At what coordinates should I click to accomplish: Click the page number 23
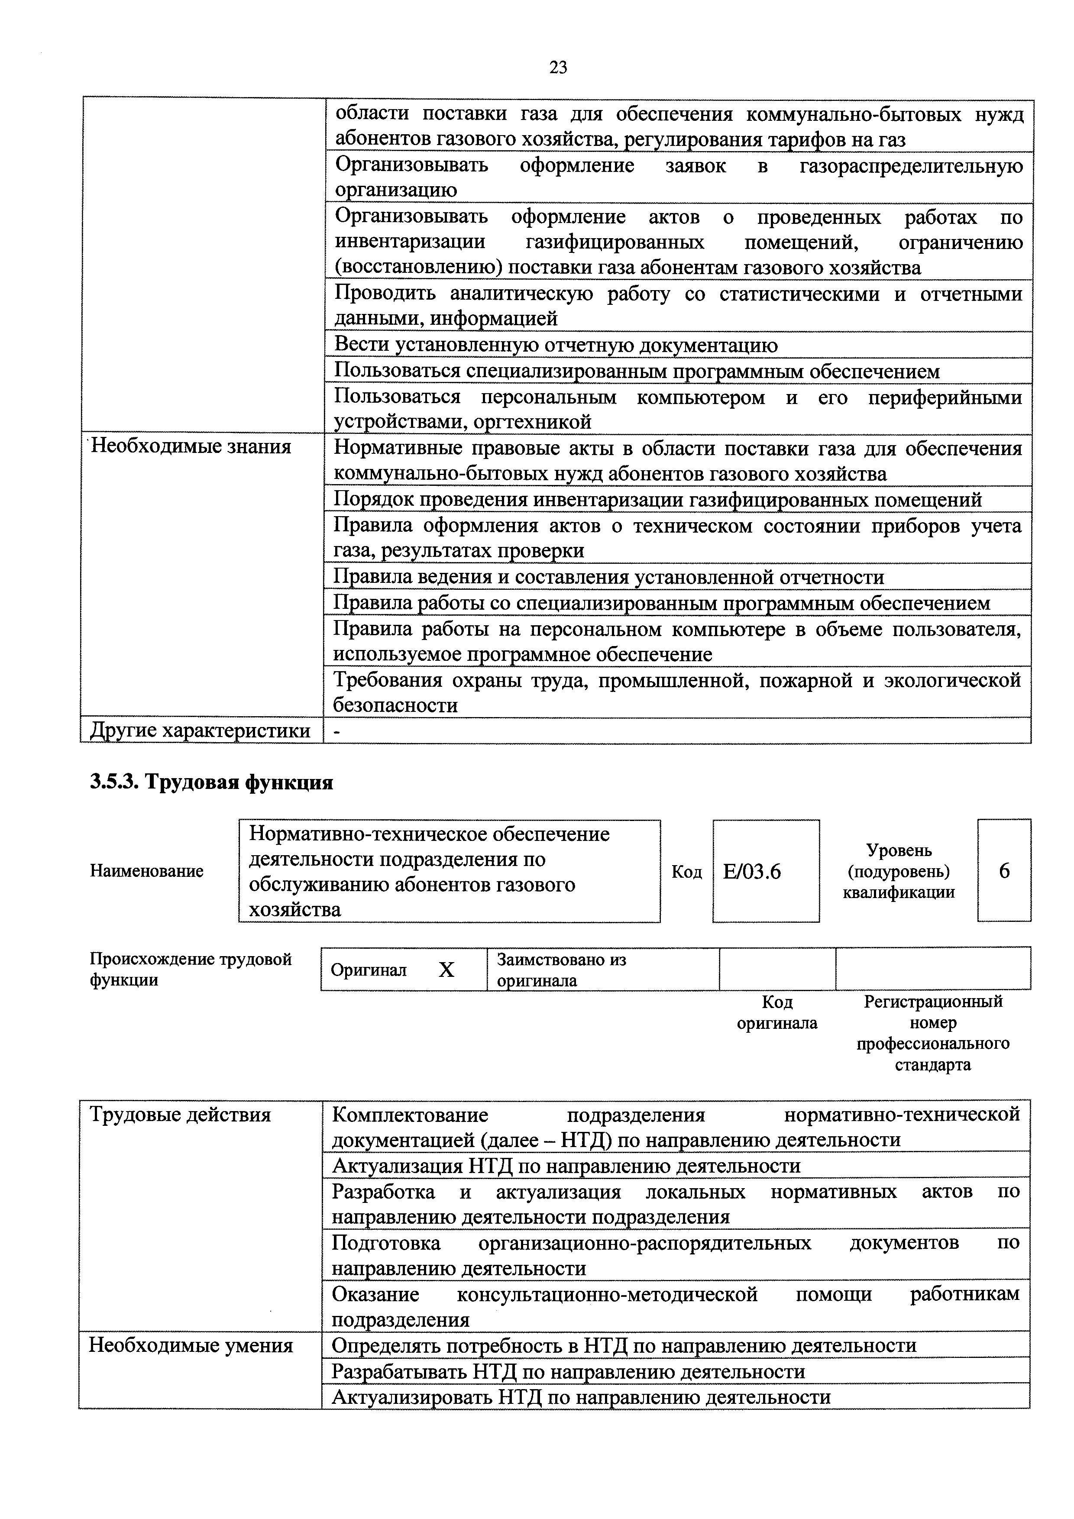pos(558,68)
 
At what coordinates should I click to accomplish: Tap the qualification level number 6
pos(1004,871)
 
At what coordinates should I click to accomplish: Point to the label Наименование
pos(147,871)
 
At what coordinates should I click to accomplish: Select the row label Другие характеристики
pos(200,730)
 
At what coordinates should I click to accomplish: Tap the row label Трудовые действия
pos(181,1115)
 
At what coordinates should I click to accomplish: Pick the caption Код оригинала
pos(777,1013)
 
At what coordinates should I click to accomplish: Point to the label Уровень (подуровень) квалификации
pos(898,871)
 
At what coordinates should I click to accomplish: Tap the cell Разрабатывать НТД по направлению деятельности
pos(568,1371)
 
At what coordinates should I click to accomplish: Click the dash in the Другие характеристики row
pos(339,731)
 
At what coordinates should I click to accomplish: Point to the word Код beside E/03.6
pos(686,872)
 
